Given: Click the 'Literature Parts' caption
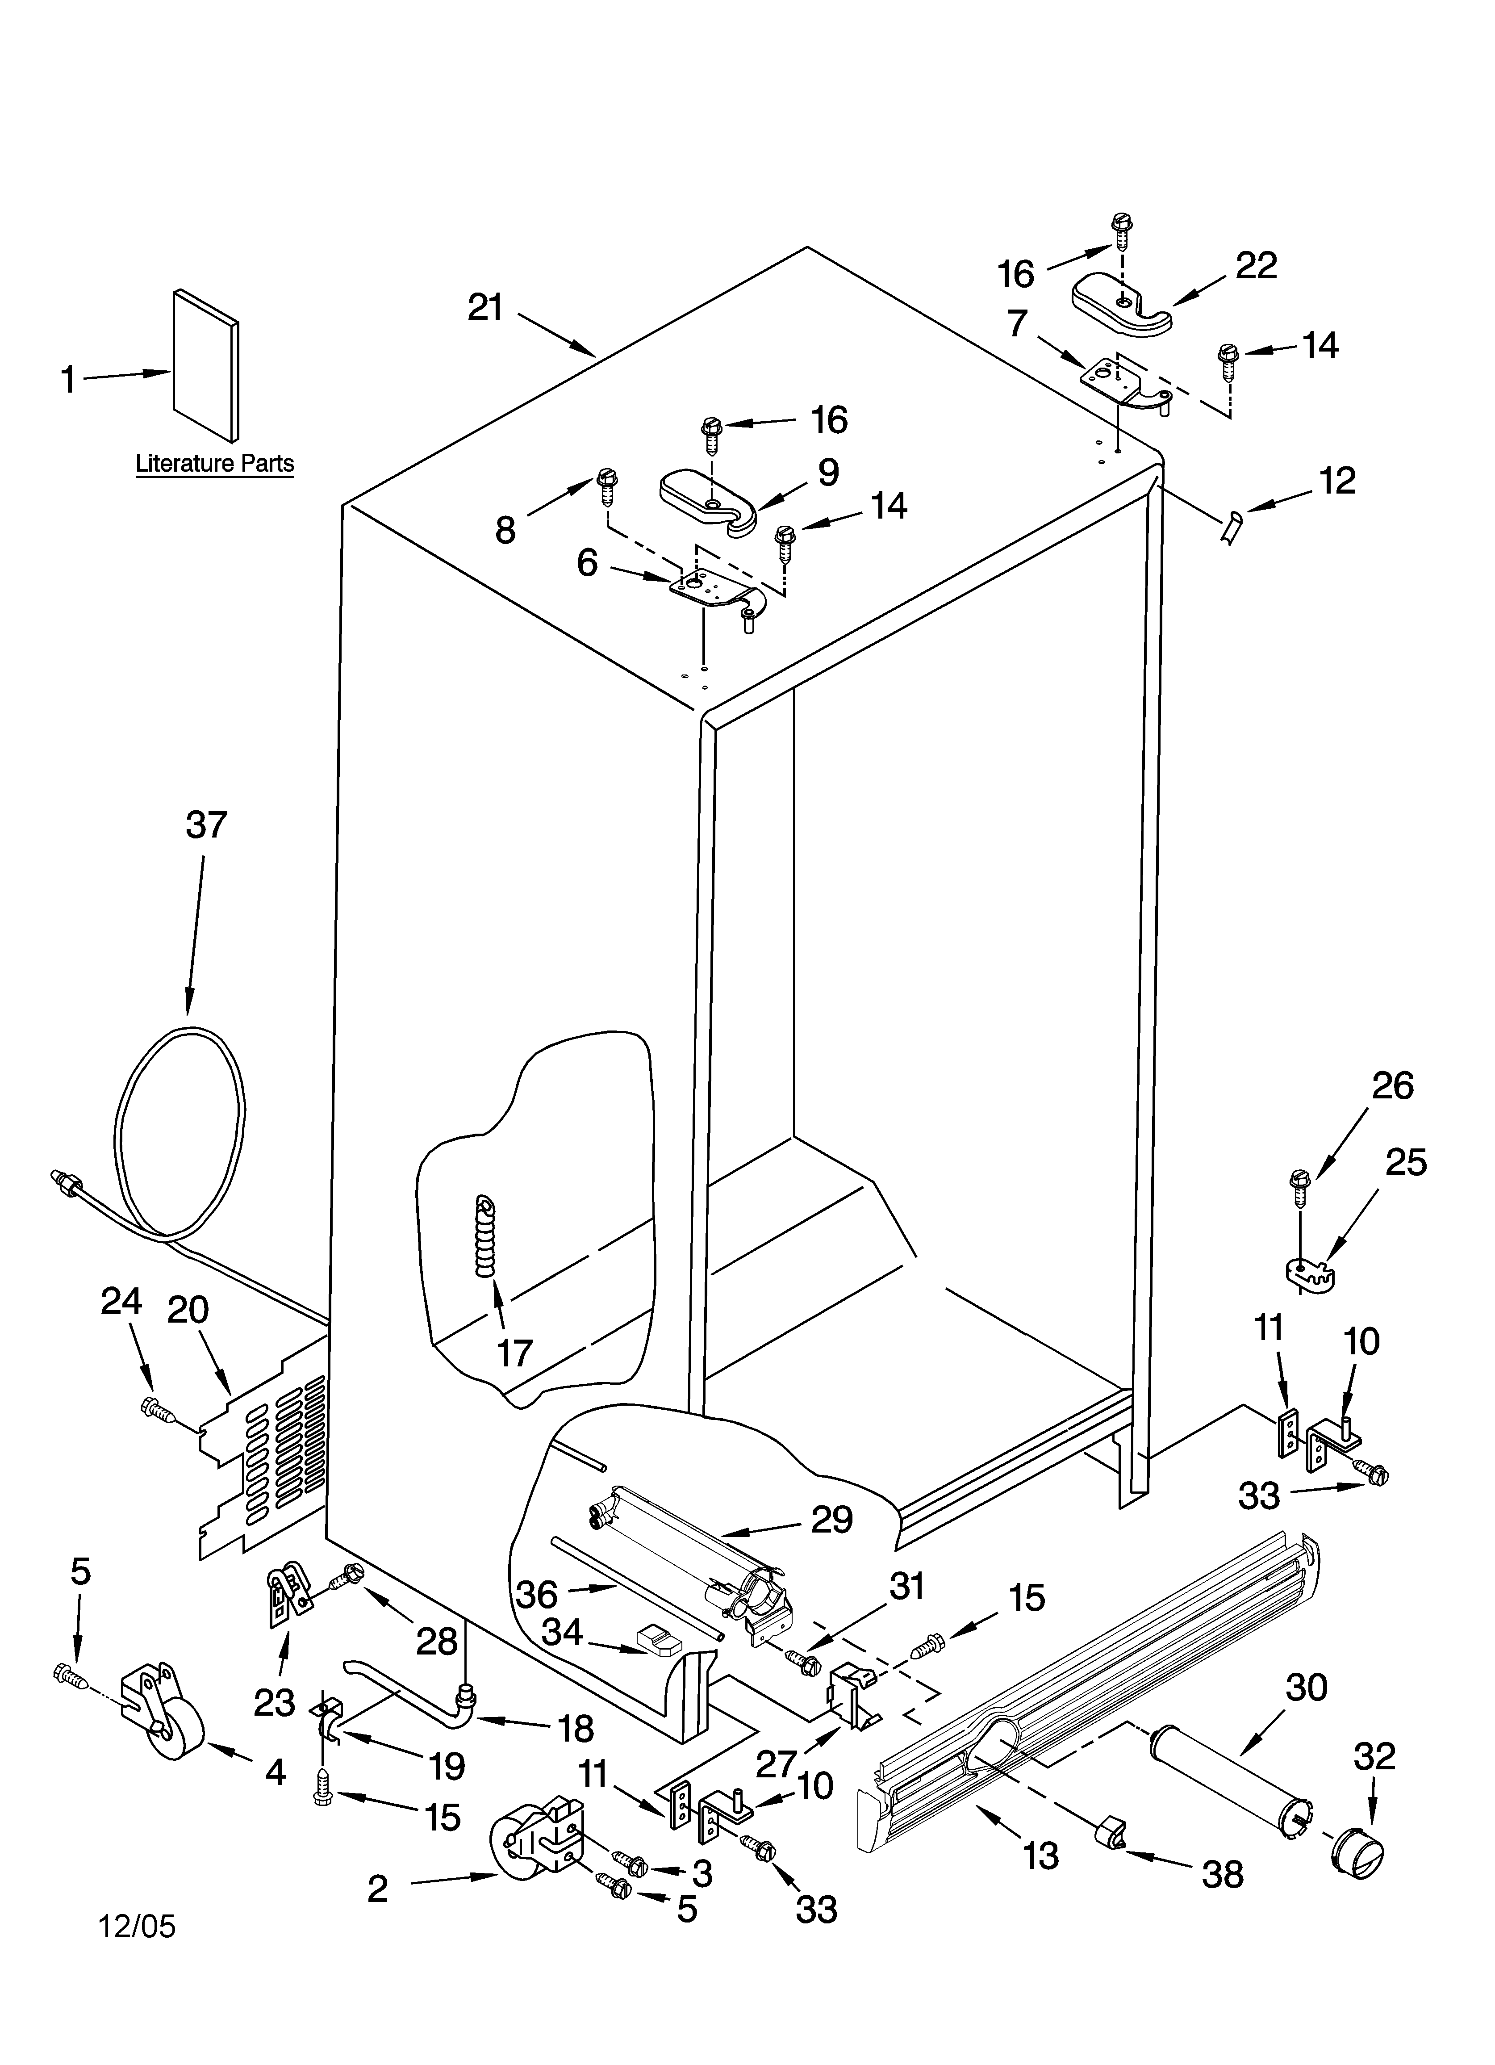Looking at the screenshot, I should coord(215,464).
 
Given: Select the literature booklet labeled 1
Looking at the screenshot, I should coord(206,364).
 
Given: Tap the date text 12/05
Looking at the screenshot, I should coord(137,1926).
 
